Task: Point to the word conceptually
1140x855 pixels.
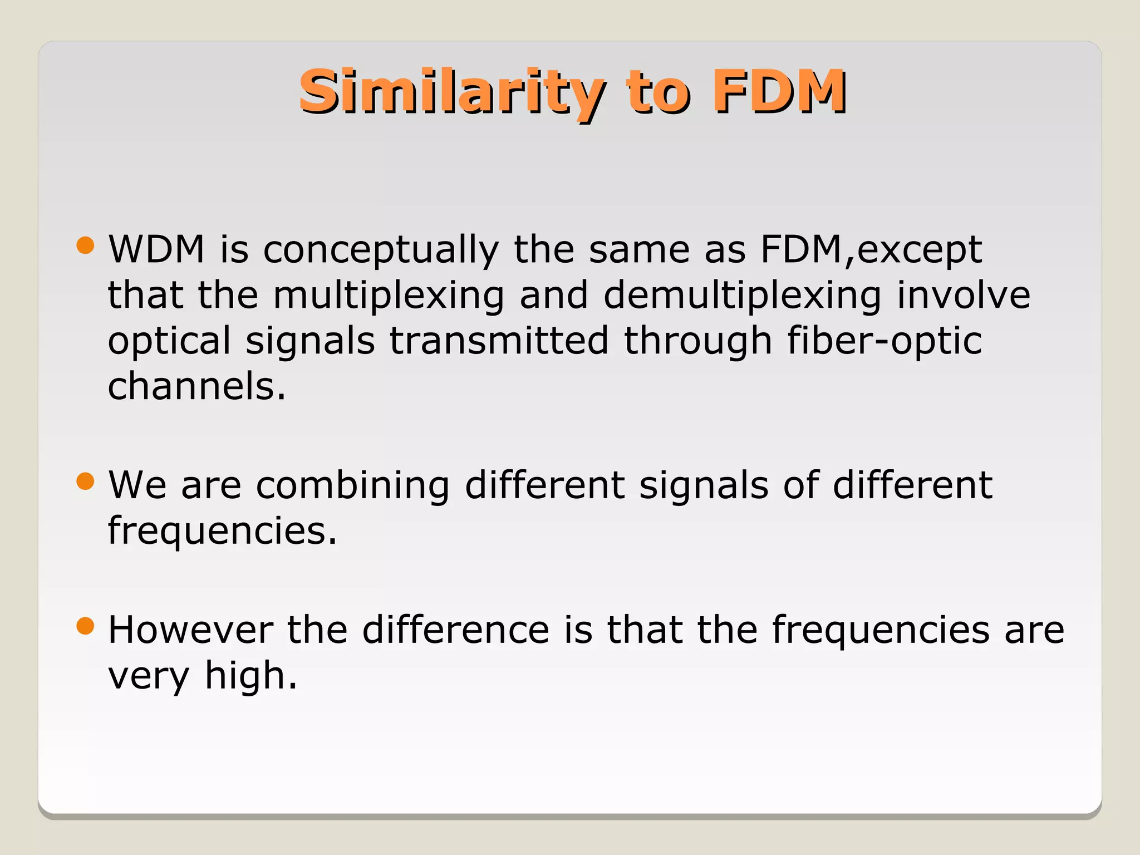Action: point(381,250)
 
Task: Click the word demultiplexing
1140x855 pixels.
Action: point(743,296)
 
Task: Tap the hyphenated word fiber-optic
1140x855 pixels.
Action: point(885,341)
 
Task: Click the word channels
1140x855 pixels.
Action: point(196,386)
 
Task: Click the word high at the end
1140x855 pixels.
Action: point(250,677)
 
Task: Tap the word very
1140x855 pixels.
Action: point(149,677)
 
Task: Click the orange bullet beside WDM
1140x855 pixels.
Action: point(85,245)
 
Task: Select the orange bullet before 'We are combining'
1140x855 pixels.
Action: point(85,481)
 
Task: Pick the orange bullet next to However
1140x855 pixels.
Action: point(85,626)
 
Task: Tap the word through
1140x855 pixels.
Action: point(698,342)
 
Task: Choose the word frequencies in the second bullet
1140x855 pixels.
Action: point(222,531)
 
